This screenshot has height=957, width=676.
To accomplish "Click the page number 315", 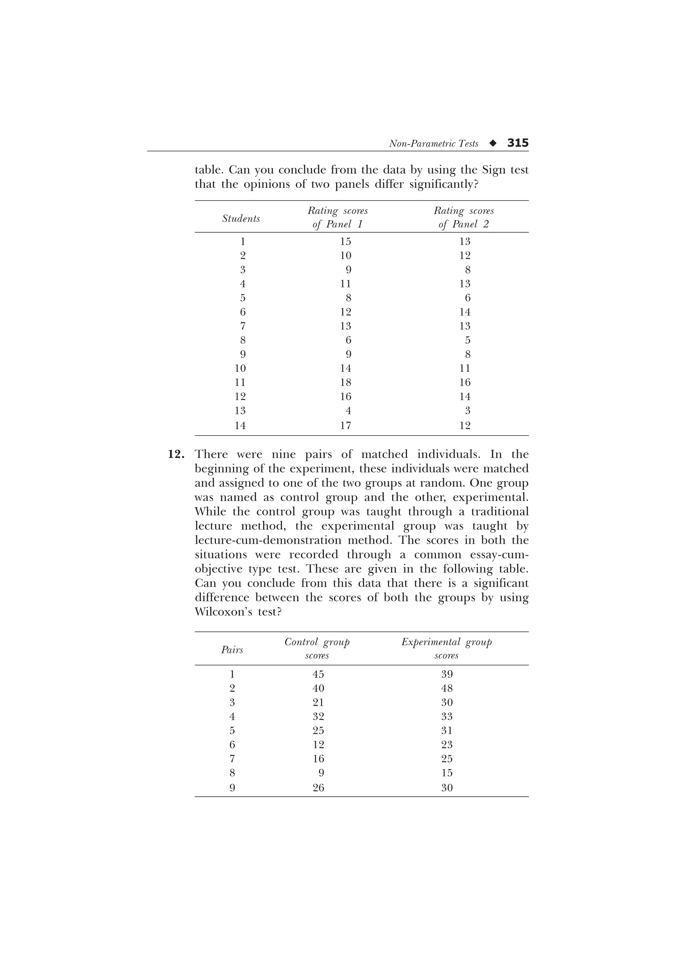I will pyautogui.click(x=518, y=143).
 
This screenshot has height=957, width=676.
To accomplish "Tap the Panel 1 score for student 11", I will pyautogui.click(x=345, y=382).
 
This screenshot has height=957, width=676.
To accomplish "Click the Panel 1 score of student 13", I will pyautogui.click(x=348, y=410).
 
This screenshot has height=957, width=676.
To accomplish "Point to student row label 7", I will pyautogui.click(x=243, y=326).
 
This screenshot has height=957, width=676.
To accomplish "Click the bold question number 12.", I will pyautogui.click(x=176, y=454).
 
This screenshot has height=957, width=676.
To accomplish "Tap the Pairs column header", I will pyautogui.click(x=232, y=649).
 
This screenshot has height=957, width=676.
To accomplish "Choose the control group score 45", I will pyautogui.click(x=318, y=674).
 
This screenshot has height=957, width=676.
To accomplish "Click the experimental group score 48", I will pyautogui.click(x=447, y=688).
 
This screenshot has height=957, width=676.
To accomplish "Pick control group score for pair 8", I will pyautogui.click(x=321, y=773).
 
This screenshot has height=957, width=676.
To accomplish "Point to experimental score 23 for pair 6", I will pyautogui.click(x=447, y=744).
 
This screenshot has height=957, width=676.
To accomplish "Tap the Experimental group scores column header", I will pyautogui.click(x=447, y=649).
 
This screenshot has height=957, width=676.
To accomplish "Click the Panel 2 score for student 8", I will pyautogui.click(x=467, y=340).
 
